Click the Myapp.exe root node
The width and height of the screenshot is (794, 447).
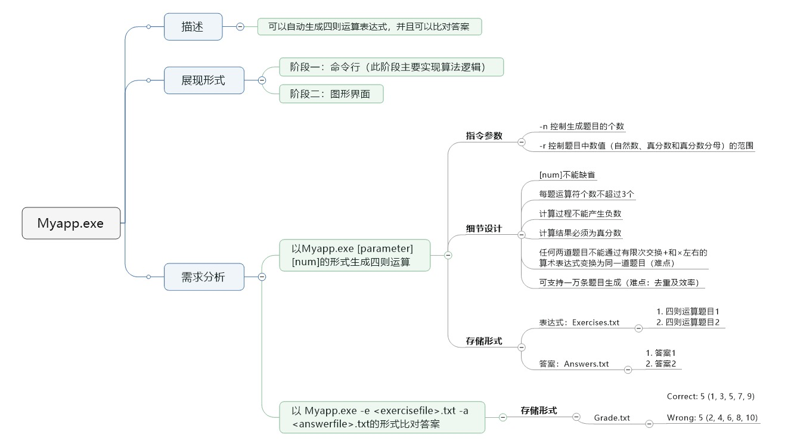pos(71,223)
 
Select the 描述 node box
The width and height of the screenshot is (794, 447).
pos(193,27)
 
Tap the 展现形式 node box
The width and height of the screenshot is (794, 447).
pos(204,80)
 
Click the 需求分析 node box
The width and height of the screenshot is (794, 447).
pos(204,277)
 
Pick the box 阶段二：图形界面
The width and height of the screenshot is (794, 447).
pos(331,94)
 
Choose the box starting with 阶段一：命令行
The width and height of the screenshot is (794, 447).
pos(391,67)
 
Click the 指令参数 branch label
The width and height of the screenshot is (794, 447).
pos(484,135)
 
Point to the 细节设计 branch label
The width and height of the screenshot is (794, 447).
pos(484,228)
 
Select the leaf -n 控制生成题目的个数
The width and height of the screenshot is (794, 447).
pos(581,126)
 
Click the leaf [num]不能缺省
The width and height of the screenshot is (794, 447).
pos(567,175)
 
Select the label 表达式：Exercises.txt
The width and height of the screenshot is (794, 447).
pos(579,322)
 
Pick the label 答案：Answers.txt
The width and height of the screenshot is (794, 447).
pos(574,364)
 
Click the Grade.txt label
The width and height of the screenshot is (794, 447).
pos(612,418)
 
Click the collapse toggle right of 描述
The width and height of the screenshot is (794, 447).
pos(240,27)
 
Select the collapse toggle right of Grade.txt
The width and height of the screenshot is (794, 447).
pos(649,424)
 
